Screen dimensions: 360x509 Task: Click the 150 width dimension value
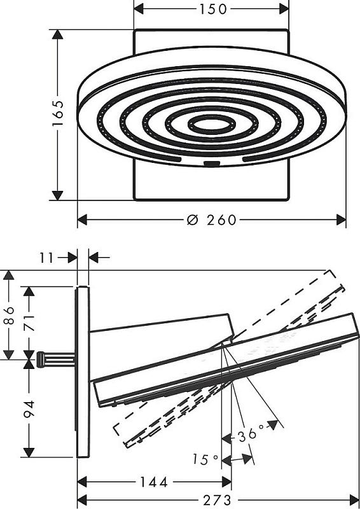tap(212, 9)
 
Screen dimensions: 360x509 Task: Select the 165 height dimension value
tap(59, 113)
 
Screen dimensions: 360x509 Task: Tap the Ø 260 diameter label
tap(212, 220)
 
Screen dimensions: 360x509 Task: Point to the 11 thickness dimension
tap(46, 258)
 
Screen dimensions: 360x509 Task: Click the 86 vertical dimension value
tap(9, 315)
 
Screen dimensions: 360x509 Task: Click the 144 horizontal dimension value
tap(153, 482)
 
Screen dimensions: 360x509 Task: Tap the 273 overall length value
tap(217, 500)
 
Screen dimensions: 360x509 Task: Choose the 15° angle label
tap(205, 459)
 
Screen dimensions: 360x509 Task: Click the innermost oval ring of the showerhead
tap(212, 123)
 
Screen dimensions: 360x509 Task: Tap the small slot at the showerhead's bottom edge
tap(212, 164)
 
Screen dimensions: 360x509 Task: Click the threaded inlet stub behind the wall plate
tap(56, 359)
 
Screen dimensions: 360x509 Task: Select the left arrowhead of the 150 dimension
tap(139, 9)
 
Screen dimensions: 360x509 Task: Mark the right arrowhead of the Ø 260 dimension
tap(341, 220)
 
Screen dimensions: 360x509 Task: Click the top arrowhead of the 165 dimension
tap(57, 35)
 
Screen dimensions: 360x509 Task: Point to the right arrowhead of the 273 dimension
tap(354, 500)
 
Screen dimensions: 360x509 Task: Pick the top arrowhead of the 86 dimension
tap(9, 275)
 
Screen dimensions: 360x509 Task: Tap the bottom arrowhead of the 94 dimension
tap(29, 452)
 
